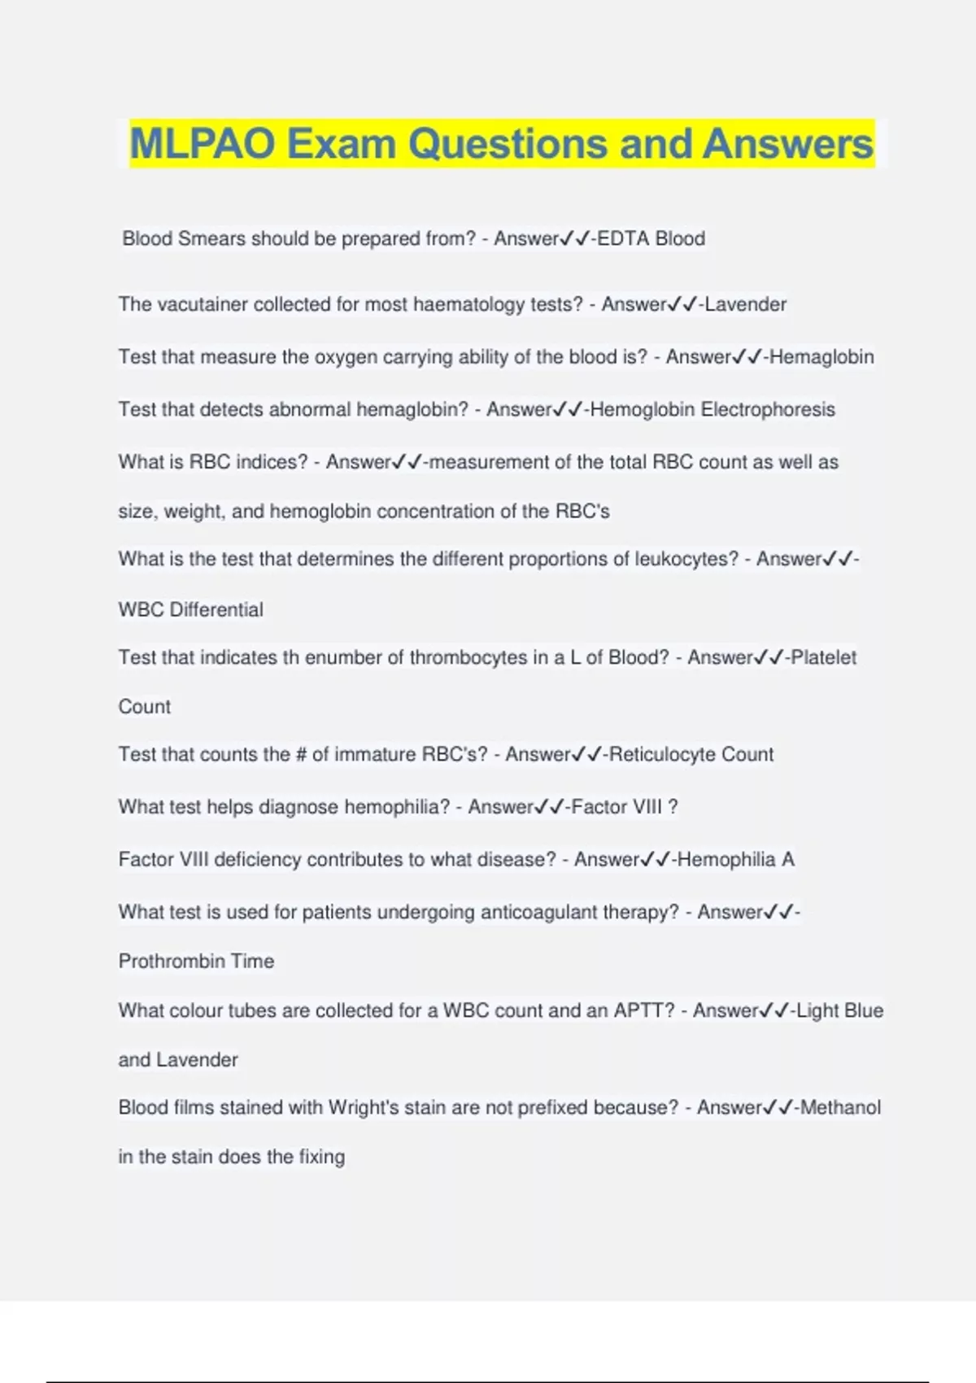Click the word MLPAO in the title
point(203,144)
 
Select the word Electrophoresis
point(768,409)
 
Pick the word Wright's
point(361,1107)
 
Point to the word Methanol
point(840,1107)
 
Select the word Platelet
point(823,657)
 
